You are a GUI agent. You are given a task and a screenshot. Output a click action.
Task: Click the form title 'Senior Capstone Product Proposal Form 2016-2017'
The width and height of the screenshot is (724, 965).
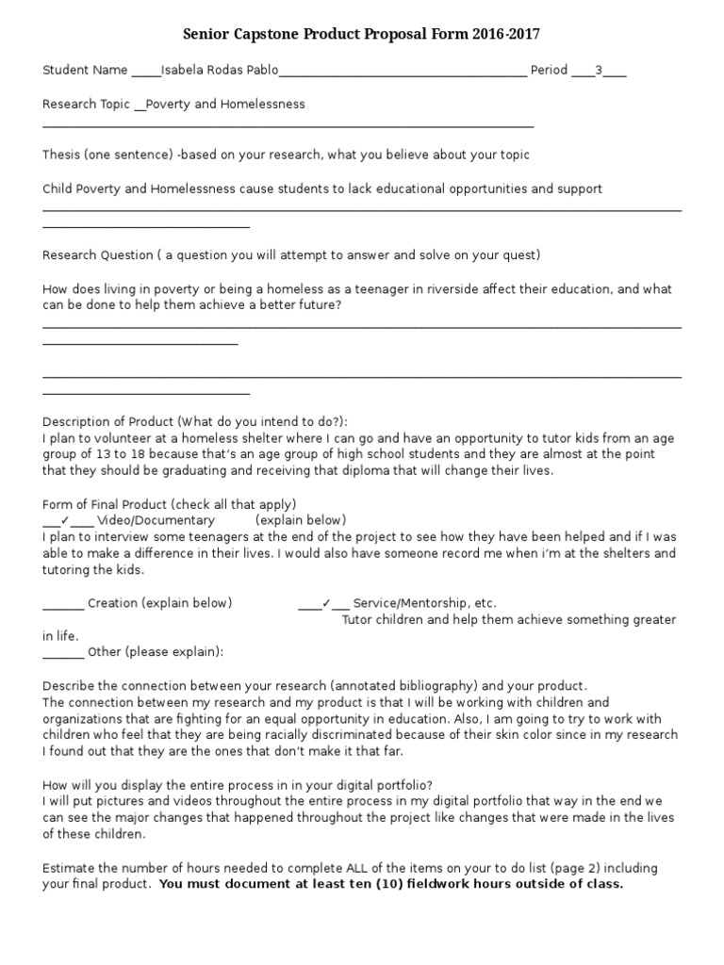click(362, 35)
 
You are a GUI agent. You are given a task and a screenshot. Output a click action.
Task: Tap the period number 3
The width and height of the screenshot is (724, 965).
click(598, 70)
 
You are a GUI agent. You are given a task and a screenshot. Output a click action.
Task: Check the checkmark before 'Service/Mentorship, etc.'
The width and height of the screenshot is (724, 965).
click(325, 603)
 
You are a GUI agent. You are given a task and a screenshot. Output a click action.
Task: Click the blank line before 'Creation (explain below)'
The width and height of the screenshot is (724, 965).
click(63, 603)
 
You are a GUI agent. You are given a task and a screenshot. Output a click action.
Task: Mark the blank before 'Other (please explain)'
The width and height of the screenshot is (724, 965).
click(63, 652)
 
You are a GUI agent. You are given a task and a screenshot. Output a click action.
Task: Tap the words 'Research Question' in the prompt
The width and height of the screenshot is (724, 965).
click(97, 254)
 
